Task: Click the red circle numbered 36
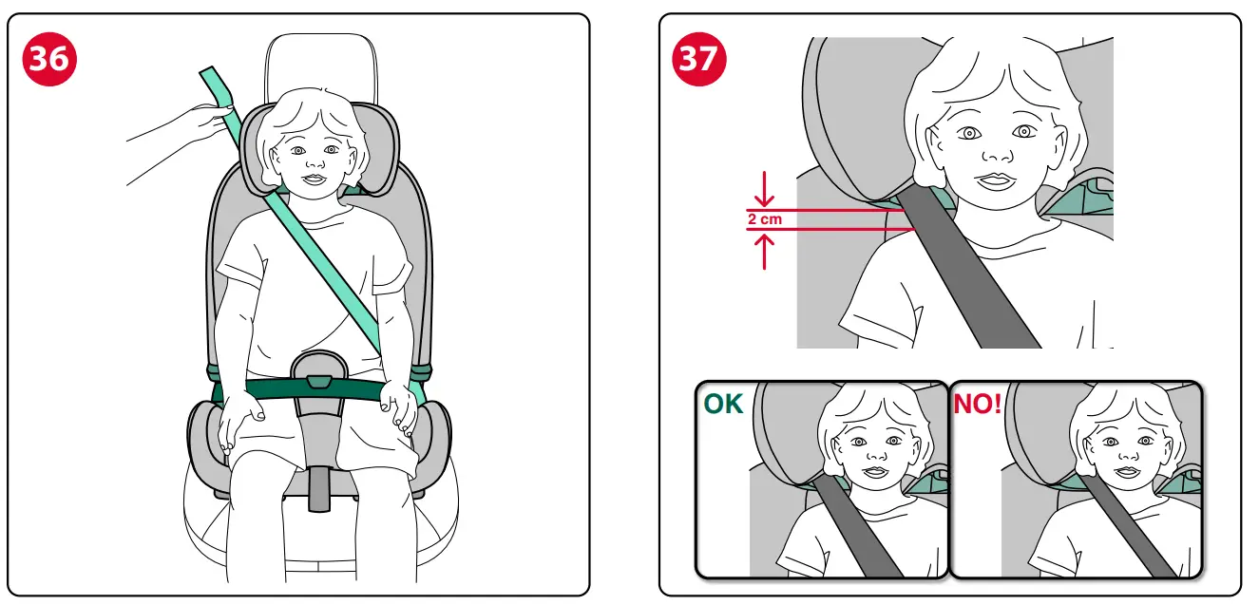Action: [48, 59]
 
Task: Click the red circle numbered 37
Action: [699, 59]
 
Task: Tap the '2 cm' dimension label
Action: [764, 219]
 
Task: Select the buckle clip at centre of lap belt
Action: [319, 382]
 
